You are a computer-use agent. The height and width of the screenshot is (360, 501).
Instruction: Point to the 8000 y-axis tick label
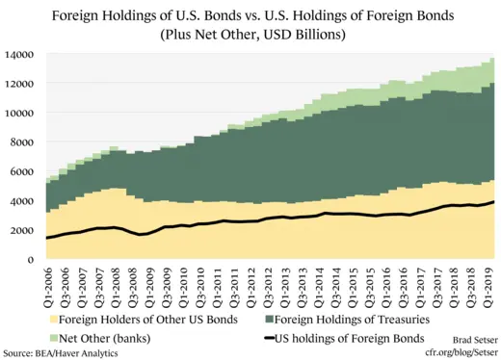pos(21,142)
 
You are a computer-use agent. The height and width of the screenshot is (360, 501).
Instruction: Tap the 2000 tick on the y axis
pos(21,230)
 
